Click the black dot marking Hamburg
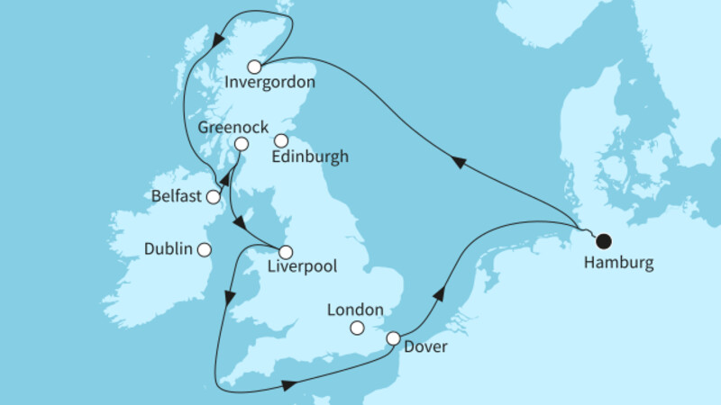click(x=603, y=240)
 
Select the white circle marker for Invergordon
click(x=254, y=67)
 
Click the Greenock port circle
click(x=241, y=144)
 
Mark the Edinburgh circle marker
click(x=281, y=140)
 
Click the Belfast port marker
click(x=213, y=197)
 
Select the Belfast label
click(x=176, y=195)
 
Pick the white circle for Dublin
click(x=205, y=249)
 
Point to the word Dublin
click(x=169, y=249)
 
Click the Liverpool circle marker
click(x=285, y=252)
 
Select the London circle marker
click(x=358, y=327)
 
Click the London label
click(x=356, y=309)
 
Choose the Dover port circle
click(x=393, y=338)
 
